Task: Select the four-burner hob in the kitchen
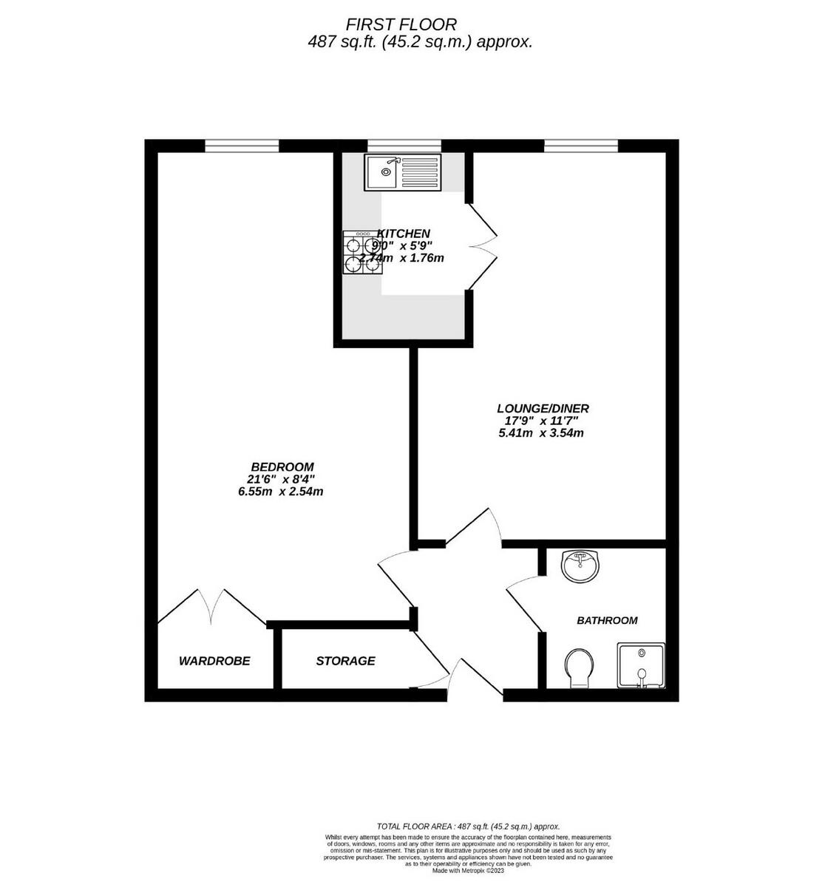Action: (x=362, y=253)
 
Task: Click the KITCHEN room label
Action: (x=404, y=234)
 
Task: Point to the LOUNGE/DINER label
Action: (x=543, y=408)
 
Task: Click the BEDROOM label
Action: (x=282, y=467)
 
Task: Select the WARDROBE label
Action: (x=214, y=661)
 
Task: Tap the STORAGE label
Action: (x=345, y=661)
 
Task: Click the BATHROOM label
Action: (x=607, y=621)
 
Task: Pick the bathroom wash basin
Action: (x=581, y=566)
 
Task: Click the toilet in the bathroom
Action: (x=579, y=667)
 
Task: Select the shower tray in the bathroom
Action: (x=642, y=665)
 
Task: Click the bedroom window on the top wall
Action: (x=242, y=146)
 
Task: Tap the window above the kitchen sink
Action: (x=404, y=146)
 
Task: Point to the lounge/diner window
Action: (x=580, y=146)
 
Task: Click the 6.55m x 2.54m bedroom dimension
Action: (x=281, y=492)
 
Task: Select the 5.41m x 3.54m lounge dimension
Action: (x=541, y=432)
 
